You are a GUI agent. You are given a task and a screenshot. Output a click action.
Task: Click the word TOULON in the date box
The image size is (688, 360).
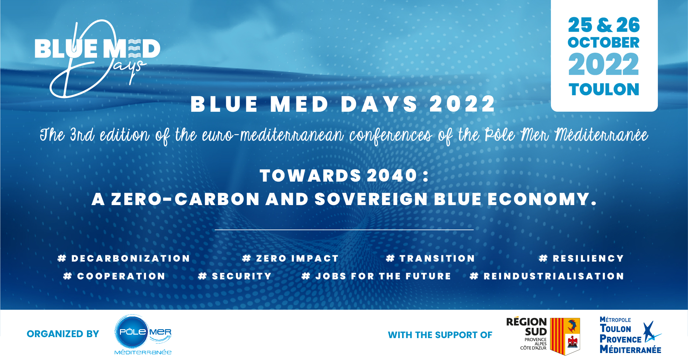pos(604,90)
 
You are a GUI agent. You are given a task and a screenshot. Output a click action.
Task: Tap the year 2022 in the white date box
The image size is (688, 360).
pos(604,65)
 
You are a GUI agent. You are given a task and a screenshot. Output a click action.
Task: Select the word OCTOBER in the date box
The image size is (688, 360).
pos(604,43)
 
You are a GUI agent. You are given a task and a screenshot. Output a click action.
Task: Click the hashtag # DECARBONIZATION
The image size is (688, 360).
pos(124,258)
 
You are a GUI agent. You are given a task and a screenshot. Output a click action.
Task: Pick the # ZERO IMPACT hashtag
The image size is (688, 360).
pos(290,258)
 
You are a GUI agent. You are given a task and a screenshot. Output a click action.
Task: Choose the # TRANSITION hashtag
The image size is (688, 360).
pos(430,258)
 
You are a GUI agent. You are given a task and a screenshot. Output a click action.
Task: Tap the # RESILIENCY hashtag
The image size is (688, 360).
pos(581,258)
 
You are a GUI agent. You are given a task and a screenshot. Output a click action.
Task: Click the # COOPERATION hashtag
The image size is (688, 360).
pos(114,276)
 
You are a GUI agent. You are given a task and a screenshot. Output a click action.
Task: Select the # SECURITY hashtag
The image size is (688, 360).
pos(235,276)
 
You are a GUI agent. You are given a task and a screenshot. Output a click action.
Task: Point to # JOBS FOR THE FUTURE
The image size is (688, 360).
pos(376,276)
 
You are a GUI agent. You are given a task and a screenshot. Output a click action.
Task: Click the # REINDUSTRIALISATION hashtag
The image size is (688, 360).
pos(547,276)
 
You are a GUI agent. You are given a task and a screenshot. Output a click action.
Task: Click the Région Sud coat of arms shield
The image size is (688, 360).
pos(565,336)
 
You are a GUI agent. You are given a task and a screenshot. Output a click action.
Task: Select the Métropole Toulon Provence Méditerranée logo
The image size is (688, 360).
pos(630,335)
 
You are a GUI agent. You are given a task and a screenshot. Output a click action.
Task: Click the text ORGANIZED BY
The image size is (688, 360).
pos(63,334)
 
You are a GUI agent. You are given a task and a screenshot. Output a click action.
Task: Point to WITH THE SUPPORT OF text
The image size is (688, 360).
pos(440,335)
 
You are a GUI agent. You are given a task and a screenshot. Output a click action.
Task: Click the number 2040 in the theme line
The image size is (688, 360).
pos(392,176)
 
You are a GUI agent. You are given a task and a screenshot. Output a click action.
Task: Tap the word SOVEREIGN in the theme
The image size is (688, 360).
pos(371,199)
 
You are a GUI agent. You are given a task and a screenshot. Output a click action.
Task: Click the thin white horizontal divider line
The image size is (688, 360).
pos(344,230)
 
